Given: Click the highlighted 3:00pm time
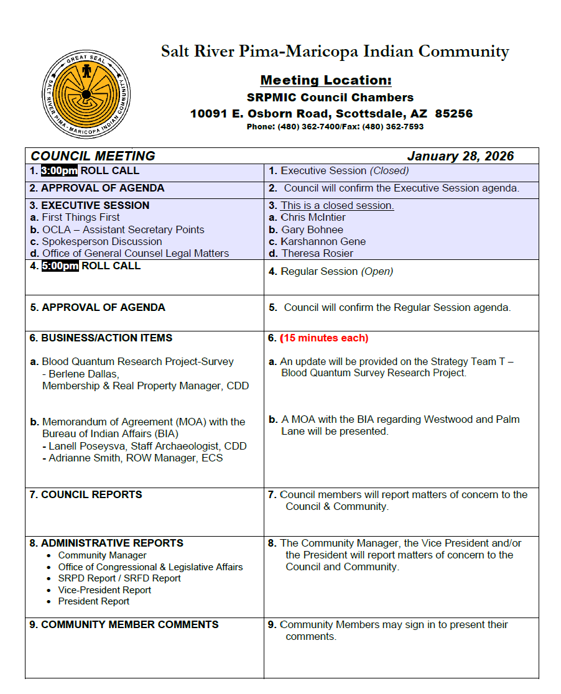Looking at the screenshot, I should click(x=59, y=171).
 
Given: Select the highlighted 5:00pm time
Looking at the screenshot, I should click(x=60, y=266).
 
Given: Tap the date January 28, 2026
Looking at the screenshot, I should click(x=460, y=156).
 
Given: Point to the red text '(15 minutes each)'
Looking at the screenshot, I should click(x=324, y=338).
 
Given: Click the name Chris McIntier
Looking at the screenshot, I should click(x=313, y=218).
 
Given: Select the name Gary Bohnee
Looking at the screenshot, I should click(x=312, y=229).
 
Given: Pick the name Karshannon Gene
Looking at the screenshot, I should click(x=323, y=241).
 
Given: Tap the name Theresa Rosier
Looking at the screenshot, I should click(x=317, y=253).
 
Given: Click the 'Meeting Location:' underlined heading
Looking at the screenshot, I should click(x=326, y=80).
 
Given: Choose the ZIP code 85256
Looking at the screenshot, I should click(x=454, y=114).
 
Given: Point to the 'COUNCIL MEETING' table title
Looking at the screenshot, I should click(x=93, y=156).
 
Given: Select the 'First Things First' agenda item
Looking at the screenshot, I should click(x=81, y=218).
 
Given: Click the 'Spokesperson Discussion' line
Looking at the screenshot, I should click(x=102, y=241).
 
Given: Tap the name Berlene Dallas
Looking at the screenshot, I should click(x=84, y=374).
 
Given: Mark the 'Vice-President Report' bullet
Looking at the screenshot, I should click(x=104, y=590).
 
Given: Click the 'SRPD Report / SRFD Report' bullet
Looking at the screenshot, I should click(x=119, y=578).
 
